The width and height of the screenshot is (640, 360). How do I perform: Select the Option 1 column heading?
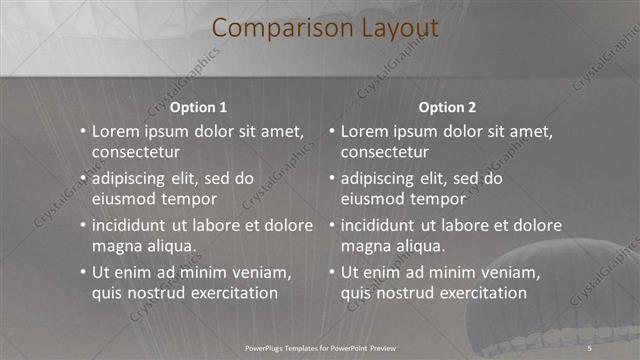(199, 107)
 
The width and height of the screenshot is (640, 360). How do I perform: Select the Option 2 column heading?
(447, 107)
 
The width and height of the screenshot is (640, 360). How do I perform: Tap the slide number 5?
(590, 347)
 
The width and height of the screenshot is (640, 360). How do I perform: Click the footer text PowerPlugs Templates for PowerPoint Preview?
(320, 347)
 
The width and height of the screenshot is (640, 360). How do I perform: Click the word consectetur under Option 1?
(136, 152)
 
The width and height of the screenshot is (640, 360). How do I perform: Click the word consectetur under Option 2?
(385, 152)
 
